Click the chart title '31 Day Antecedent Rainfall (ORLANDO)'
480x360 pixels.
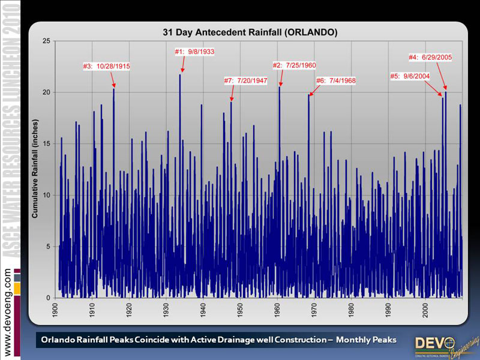coord(245,31)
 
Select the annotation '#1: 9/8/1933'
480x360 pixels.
coord(194,52)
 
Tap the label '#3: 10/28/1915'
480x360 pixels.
coord(106,66)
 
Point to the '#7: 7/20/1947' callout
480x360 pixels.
coord(245,80)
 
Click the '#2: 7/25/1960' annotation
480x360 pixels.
coord(294,65)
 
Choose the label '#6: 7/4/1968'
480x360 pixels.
coord(336,80)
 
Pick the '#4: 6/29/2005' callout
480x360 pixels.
coord(430,58)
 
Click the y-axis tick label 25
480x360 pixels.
coord(46,41)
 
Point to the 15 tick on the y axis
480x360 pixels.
coord(46,143)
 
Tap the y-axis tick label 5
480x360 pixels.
coord(48,247)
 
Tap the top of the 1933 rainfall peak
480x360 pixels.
coord(180,74)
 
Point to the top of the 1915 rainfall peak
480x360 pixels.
coord(113,89)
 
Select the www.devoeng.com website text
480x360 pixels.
coord(8,313)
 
